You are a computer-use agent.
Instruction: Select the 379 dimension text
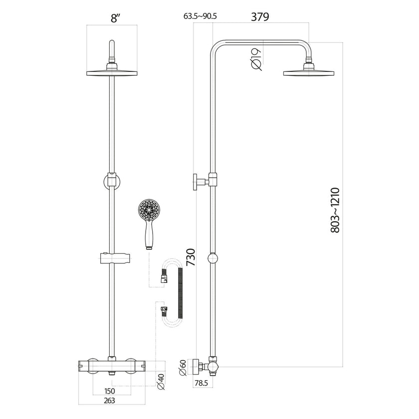(x=260, y=17)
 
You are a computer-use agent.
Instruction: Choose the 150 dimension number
(x=111, y=392)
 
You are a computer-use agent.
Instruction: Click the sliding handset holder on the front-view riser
(x=113, y=259)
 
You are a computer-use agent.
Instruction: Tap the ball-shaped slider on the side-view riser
(x=213, y=258)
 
